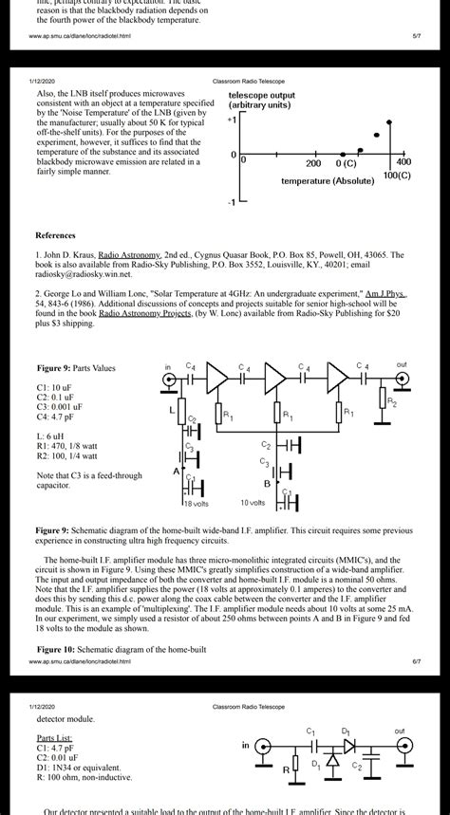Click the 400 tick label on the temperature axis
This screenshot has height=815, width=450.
coord(403,162)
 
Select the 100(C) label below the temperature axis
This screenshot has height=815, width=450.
coord(397,176)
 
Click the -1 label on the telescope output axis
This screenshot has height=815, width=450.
coord(231,203)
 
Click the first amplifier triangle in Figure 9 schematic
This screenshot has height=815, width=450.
coord(217,381)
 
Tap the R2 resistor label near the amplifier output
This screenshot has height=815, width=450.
coord(392,400)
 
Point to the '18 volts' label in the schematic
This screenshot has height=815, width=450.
coord(195,503)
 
